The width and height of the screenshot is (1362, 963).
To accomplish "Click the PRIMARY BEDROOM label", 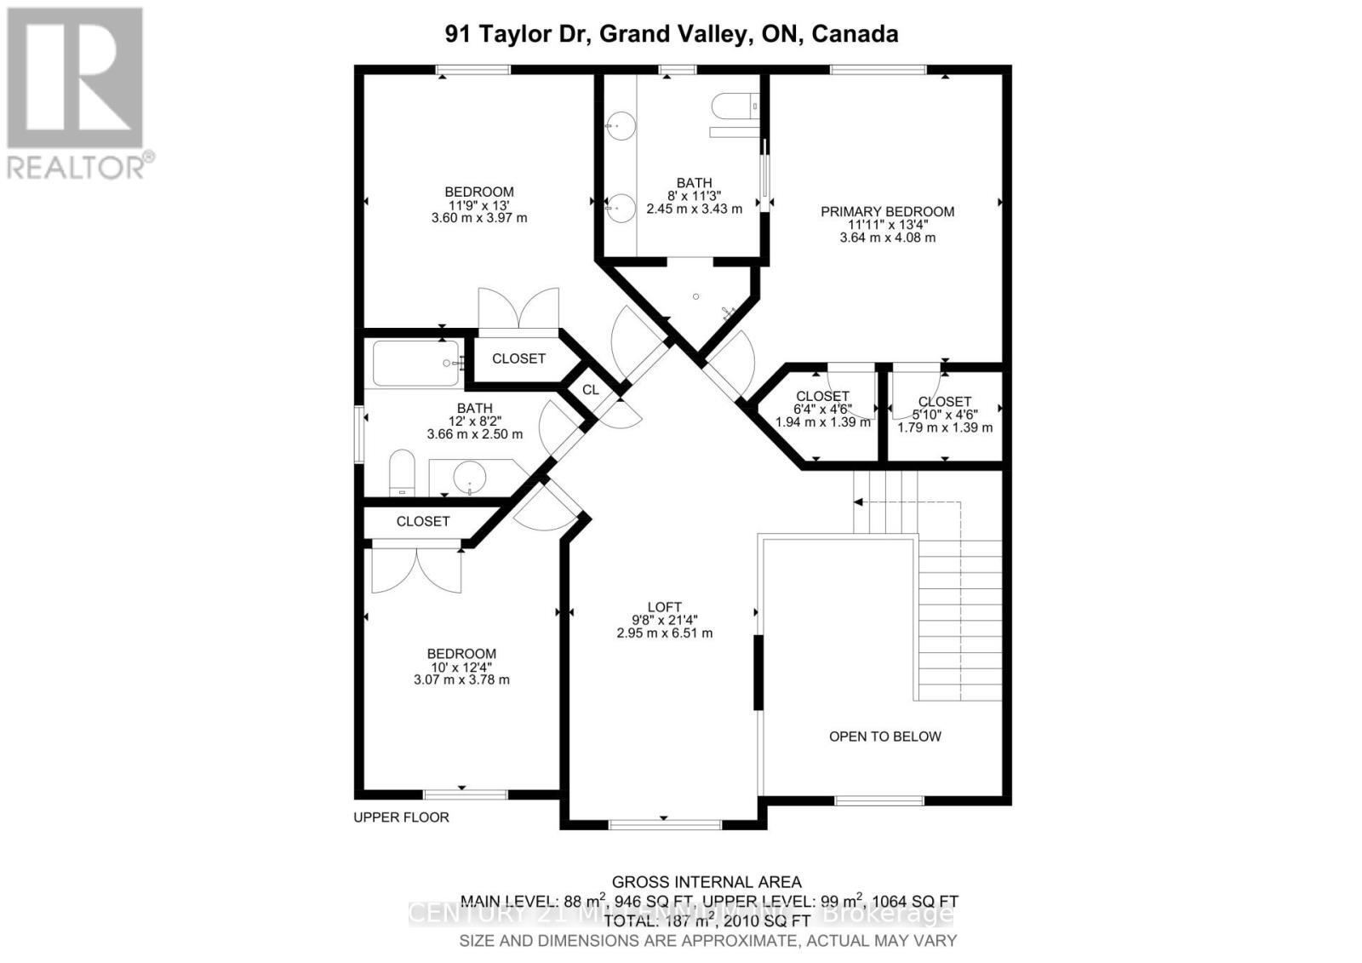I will pyautogui.click(x=887, y=211).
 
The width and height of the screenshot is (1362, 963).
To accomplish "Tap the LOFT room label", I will pyautogui.click(x=664, y=607).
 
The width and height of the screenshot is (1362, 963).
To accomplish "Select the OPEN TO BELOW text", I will pyautogui.click(x=884, y=737).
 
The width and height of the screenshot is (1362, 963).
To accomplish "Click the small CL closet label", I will pyautogui.click(x=591, y=390).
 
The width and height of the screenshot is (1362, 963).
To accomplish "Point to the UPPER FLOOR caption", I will pyautogui.click(x=401, y=817).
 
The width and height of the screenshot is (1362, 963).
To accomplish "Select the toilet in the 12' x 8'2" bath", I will pyautogui.click(x=401, y=474).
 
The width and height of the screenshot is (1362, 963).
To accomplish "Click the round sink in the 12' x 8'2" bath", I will pyautogui.click(x=469, y=477).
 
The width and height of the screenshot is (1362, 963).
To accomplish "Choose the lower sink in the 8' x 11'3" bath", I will pyautogui.click(x=621, y=207).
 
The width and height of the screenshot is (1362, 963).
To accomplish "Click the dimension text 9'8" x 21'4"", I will pyautogui.click(x=664, y=620).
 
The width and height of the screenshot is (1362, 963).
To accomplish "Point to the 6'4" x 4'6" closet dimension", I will pyautogui.click(x=822, y=410).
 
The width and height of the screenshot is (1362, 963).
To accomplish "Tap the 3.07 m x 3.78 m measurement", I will pyautogui.click(x=461, y=679).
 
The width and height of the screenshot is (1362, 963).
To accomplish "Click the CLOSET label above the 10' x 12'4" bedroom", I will pyautogui.click(x=423, y=521).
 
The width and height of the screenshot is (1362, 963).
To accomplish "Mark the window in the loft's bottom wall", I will pyautogui.click(x=665, y=823).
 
